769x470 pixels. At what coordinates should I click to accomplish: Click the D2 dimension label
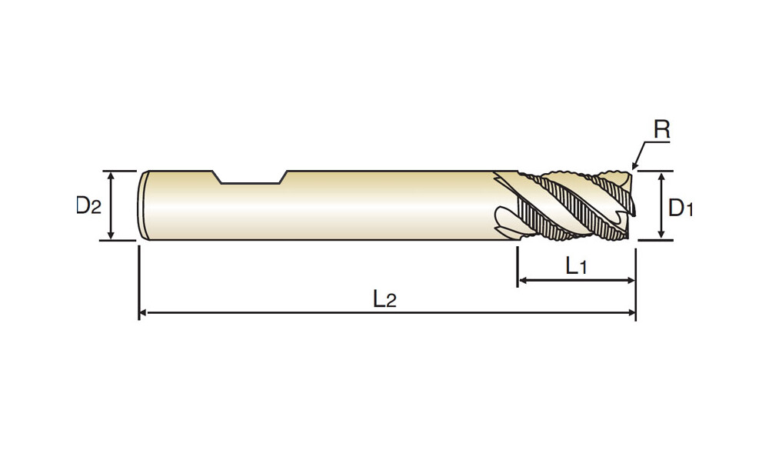88,205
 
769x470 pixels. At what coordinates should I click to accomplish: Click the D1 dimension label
681,208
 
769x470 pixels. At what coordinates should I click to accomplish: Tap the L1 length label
576,266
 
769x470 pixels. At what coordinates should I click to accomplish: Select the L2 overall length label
384,298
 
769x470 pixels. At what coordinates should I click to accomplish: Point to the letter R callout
661,129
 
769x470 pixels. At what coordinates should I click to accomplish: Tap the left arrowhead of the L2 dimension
143,312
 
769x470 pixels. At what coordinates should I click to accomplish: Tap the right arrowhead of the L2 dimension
631,312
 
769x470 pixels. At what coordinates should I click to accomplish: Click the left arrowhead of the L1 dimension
523,280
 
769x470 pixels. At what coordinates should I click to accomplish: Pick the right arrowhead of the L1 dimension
631,280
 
